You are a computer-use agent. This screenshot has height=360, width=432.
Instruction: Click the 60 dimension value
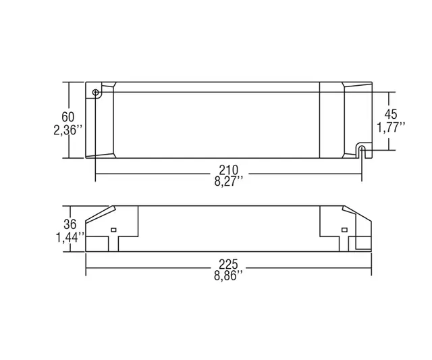[67, 117]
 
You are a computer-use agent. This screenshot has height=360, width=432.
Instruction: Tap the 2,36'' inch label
[67, 130]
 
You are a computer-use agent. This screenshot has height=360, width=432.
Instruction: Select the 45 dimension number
[391, 114]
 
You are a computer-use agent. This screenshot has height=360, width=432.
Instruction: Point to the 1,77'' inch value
[391, 128]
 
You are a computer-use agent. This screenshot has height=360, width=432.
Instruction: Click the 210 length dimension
[228, 170]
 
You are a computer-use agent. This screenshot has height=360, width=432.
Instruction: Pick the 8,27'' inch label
[229, 182]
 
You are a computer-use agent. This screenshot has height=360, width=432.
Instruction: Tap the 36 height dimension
[70, 224]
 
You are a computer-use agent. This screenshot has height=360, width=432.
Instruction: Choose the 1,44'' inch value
[70, 237]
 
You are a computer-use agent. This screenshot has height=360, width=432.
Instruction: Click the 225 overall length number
[228, 265]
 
